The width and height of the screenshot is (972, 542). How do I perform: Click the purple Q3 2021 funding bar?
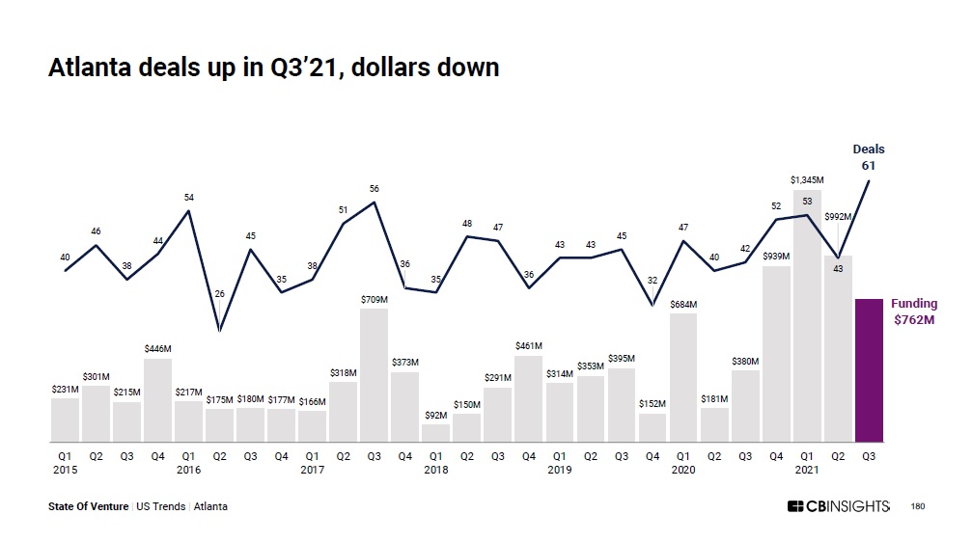click(869, 370)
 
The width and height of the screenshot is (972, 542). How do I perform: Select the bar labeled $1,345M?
click(807, 318)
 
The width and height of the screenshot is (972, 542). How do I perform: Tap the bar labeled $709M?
click(374, 376)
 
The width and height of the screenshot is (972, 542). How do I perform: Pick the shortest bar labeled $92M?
click(435, 433)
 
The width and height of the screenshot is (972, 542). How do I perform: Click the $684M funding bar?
click(682, 378)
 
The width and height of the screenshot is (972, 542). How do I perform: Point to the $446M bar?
click(157, 400)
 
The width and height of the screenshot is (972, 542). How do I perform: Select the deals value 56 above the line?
click(374, 189)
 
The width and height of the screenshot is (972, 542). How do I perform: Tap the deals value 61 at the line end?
click(869, 166)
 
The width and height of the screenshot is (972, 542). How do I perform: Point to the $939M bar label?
click(776, 256)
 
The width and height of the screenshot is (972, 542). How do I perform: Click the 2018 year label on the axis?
click(435, 470)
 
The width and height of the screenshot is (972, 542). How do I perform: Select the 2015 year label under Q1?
click(65, 470)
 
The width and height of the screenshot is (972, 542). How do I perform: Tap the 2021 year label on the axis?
click(807, 470)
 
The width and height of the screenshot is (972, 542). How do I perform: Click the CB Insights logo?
click(838, 506)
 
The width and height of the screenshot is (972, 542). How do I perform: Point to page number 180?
click(917, 506)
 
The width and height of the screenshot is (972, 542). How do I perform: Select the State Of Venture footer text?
click(88, 506)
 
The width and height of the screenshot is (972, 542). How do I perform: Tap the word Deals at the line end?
click(869, 149)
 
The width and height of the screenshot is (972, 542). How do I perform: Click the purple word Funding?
click(913, 304)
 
